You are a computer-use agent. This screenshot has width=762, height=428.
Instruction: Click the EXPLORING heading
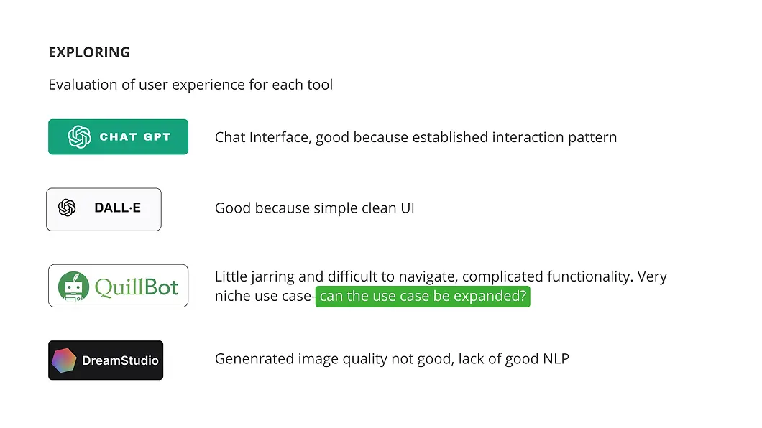pos(89,52)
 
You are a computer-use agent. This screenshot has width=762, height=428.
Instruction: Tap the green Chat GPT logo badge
pos(118,136)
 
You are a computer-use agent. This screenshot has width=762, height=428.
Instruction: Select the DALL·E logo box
pos(104,209)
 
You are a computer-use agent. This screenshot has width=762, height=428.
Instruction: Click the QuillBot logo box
pos(118,286)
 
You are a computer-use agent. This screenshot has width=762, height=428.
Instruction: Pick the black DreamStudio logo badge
pos(106,360)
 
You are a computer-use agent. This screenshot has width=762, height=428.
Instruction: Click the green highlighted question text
pos(423,296)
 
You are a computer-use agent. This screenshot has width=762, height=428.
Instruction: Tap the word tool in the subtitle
pos(320,85)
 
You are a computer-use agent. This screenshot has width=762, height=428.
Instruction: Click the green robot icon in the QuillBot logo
pos(73,286)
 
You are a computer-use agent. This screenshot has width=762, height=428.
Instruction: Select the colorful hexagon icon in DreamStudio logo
pos(64,360)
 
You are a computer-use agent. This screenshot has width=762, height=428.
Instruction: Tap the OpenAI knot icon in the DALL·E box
pos(67,208)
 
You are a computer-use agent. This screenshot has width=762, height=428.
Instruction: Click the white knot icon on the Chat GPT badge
pos(79,136)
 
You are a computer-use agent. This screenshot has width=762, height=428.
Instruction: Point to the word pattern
pos(592,136)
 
